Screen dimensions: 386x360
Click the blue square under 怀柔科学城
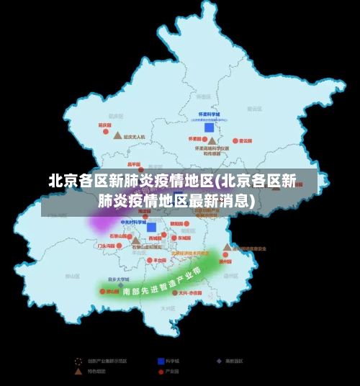point(209,127)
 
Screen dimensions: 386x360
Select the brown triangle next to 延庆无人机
point(117,135)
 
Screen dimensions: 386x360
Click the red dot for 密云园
point(233,141)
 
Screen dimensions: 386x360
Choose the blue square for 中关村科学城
point(151,227)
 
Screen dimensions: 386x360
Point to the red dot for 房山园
point(102,292)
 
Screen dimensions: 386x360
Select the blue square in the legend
point(161,361)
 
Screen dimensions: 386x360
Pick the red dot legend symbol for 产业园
point(161,372)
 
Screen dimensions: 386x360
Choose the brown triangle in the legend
point(78,372)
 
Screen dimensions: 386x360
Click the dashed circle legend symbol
point(78,361)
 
